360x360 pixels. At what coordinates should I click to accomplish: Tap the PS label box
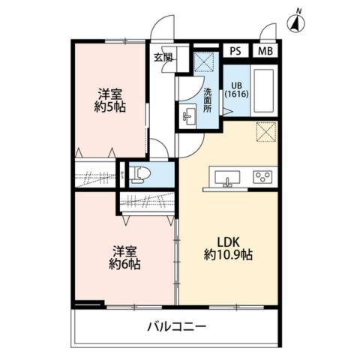[x=235, y=52]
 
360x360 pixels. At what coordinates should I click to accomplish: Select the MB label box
[x=264, y=52]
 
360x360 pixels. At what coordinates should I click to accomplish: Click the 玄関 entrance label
[x=163, y=57]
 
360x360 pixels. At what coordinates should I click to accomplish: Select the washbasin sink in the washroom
[x=189, y=115]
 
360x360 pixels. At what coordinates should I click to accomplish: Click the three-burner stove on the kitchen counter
[x=263, y=178]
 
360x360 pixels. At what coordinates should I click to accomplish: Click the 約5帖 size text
[x=110, y=107]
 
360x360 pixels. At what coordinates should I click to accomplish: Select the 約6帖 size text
[x=124, y=264]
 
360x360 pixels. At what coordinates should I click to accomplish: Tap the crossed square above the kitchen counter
[x=265, y=132]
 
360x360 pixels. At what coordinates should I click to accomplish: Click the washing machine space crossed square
[x=203, y=61]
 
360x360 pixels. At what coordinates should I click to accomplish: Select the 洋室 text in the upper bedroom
[x=110, y=94]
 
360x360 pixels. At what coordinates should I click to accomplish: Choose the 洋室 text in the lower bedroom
[x=124, y=250]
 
